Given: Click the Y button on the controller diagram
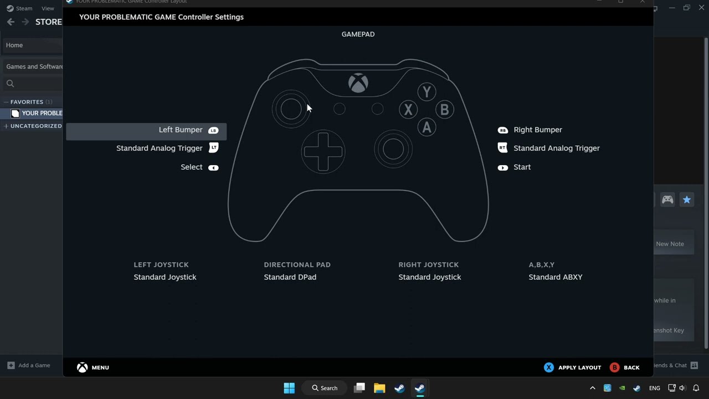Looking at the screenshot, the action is [x=427, y=92].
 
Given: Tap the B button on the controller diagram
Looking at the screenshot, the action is [x=444, y=110].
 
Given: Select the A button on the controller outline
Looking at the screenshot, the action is [x=427, y=127].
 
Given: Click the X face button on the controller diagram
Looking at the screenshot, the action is [x=408, y=110].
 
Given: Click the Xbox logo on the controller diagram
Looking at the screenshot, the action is [x=358, y=83].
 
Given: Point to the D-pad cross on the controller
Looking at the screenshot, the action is [x=323, y=151].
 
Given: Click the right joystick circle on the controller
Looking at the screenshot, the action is [x=393, y=149].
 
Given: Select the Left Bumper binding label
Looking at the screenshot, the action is [x=181, y=130].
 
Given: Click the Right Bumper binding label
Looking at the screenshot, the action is [x=537, y=130].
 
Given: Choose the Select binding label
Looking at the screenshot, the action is [x=192, y=167].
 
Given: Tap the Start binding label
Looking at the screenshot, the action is [x=522, y=167].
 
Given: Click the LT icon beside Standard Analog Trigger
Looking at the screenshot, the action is [x=214, y=148].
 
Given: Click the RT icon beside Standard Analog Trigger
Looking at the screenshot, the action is [x=502, y=148].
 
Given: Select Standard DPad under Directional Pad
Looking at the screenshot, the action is [x=290, y=277].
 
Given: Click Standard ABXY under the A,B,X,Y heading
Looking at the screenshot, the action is [x=555, y=277].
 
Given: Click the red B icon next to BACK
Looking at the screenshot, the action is [x=614, y=367].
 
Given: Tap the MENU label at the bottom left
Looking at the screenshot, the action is [x=100, y=367].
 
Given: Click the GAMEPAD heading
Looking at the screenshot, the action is [x=358, y=34].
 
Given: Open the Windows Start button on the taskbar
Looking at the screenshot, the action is [x=289, y=388].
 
